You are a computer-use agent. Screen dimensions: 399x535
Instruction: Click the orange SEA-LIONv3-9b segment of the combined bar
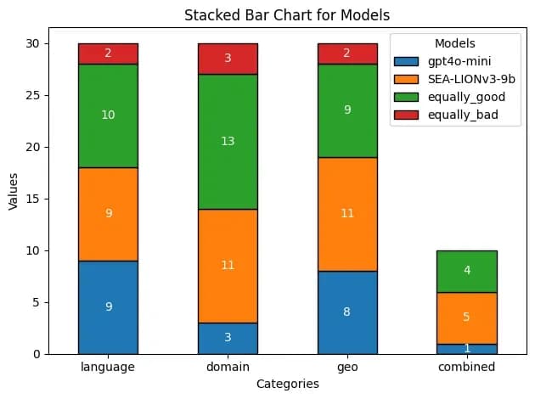point(467,318)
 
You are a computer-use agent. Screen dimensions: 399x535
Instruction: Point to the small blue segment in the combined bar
point(467,348)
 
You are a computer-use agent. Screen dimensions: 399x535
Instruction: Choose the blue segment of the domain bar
point(228,338)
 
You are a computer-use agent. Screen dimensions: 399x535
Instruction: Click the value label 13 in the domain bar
point(228,141)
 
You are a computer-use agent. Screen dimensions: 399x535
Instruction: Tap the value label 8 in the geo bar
point(347,312)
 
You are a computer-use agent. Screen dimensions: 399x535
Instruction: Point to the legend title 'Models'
point(454,43)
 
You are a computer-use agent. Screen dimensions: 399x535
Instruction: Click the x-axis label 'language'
point(108,367)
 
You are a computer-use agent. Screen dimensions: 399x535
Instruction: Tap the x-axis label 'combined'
point(467,367)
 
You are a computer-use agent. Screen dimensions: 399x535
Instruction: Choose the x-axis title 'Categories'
point(287,384)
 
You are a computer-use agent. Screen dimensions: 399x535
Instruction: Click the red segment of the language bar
point(108,53)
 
